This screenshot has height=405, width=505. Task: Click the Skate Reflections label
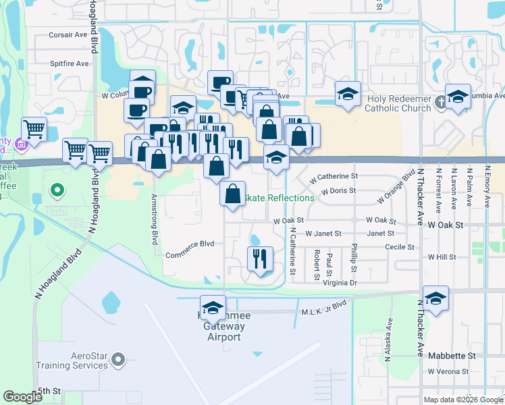278,198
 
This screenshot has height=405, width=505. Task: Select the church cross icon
440,103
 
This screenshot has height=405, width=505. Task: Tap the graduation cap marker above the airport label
213,308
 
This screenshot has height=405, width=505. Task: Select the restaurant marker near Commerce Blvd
259,258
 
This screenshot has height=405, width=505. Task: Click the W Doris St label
338,191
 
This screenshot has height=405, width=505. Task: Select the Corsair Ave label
69,34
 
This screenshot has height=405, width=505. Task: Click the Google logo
23,397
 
